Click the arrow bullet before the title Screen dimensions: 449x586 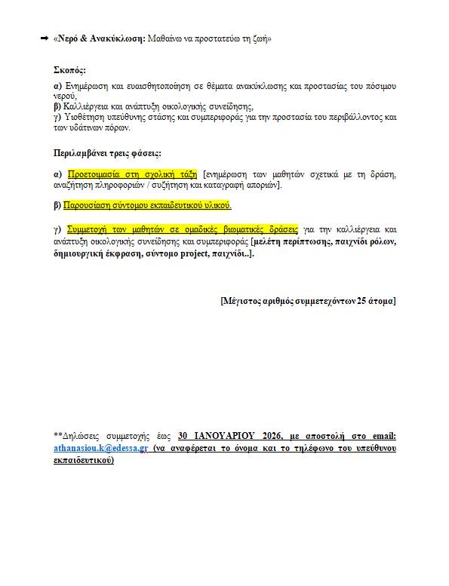(x=44, y=38)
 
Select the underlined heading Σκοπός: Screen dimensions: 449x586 (x=71, y=70)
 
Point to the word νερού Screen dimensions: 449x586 (x=65, y=97)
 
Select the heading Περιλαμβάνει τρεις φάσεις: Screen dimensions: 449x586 (x=106, y=154)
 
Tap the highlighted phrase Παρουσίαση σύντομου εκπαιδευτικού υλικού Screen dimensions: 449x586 (x=149, y=205)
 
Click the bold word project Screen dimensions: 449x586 (x=196, y=254)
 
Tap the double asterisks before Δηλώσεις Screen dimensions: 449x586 (x=57, y=436)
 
